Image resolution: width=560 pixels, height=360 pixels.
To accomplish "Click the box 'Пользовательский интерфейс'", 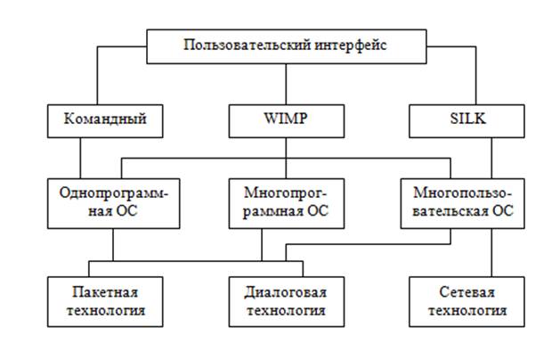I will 286,46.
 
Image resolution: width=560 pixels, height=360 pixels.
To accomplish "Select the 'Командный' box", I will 105,119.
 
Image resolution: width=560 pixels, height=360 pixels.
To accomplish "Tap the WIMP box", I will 286,119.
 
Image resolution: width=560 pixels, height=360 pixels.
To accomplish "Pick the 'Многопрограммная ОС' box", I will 285,202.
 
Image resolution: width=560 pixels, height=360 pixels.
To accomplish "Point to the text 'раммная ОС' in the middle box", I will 285,212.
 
